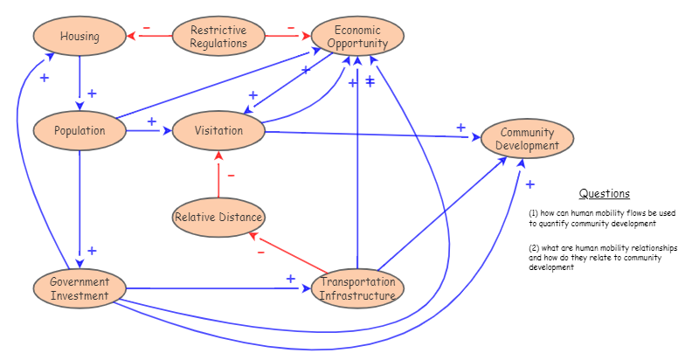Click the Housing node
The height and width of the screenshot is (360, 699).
point(80,37)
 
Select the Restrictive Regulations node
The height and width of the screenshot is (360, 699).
point(218,37)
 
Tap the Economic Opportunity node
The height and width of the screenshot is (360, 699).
point(356,37)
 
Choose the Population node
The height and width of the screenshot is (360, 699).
point(80,131)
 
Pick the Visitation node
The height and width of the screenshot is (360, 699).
point(218,131)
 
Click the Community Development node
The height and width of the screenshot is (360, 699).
point(529,139)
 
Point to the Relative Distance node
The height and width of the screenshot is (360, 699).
point(218,217)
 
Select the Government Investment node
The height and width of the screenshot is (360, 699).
point(80,288)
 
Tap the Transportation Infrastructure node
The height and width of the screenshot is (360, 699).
point(357,288)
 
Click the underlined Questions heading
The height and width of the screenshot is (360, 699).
point(604,194)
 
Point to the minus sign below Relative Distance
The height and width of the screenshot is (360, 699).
point(260,252)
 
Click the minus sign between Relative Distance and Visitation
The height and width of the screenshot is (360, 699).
point(231,175)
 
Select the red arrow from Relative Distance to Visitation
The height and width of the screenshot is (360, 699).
point(218,175)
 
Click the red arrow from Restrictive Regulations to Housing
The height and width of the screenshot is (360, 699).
point(149,37)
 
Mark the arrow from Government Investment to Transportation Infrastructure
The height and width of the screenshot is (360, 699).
point(218,288)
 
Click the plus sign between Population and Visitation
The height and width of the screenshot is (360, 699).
point(151,121)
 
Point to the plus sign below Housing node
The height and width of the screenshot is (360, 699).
point(92,93)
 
